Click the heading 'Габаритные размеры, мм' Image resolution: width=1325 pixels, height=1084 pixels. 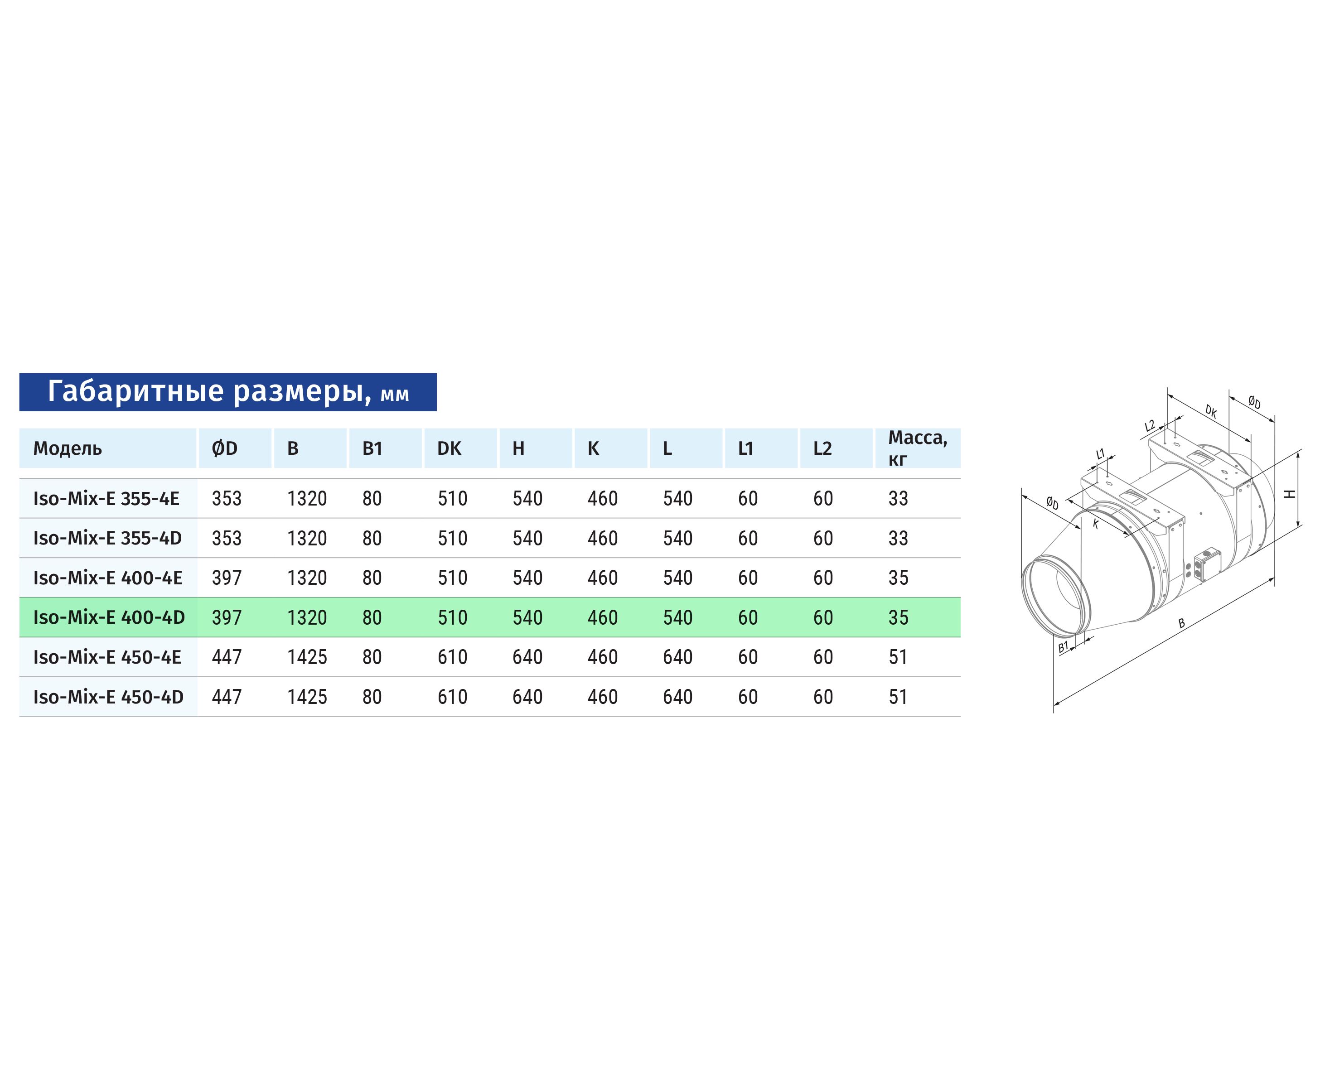tap(228, 391)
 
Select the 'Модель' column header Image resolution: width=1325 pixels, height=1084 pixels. tap(68, 448)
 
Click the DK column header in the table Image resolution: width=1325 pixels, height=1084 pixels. tap(449, 448)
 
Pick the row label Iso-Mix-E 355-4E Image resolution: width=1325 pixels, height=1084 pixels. tap(106, 498)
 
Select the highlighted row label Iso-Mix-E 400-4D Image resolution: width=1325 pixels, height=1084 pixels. tap(109, 617)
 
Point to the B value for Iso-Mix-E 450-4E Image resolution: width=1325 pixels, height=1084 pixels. tap(307, 657)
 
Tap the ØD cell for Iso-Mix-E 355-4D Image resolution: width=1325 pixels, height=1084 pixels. tap(227, 538)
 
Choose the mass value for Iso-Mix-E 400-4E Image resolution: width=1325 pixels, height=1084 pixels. tap(898, 578)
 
